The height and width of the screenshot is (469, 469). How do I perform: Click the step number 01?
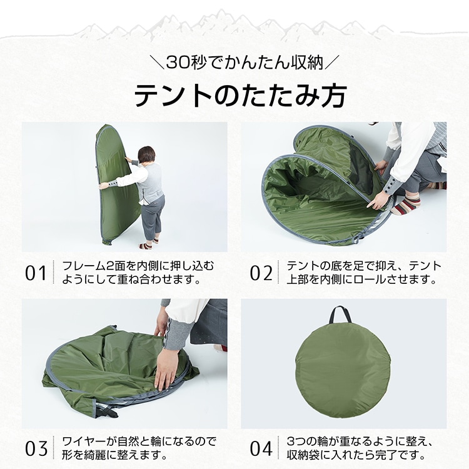click(36, 273)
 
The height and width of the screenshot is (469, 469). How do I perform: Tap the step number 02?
click(261, 273)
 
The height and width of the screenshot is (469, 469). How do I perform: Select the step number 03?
click(36, 448)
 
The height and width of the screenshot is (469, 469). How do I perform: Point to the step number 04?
click(261, 448)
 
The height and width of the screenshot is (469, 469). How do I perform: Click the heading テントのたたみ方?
click(240, 95)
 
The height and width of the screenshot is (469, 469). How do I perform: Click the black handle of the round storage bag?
click(340, 314)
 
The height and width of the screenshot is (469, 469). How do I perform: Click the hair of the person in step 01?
click(146, 156)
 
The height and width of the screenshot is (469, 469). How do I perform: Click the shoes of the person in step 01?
click(149, 244)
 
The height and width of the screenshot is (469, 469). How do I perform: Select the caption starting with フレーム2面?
click(138, 273)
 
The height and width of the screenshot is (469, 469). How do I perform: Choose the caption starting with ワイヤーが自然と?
click(139, 448)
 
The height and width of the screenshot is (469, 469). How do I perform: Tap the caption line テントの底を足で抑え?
click(364, 266)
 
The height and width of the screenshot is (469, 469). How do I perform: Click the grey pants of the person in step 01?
click(153, 216)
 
